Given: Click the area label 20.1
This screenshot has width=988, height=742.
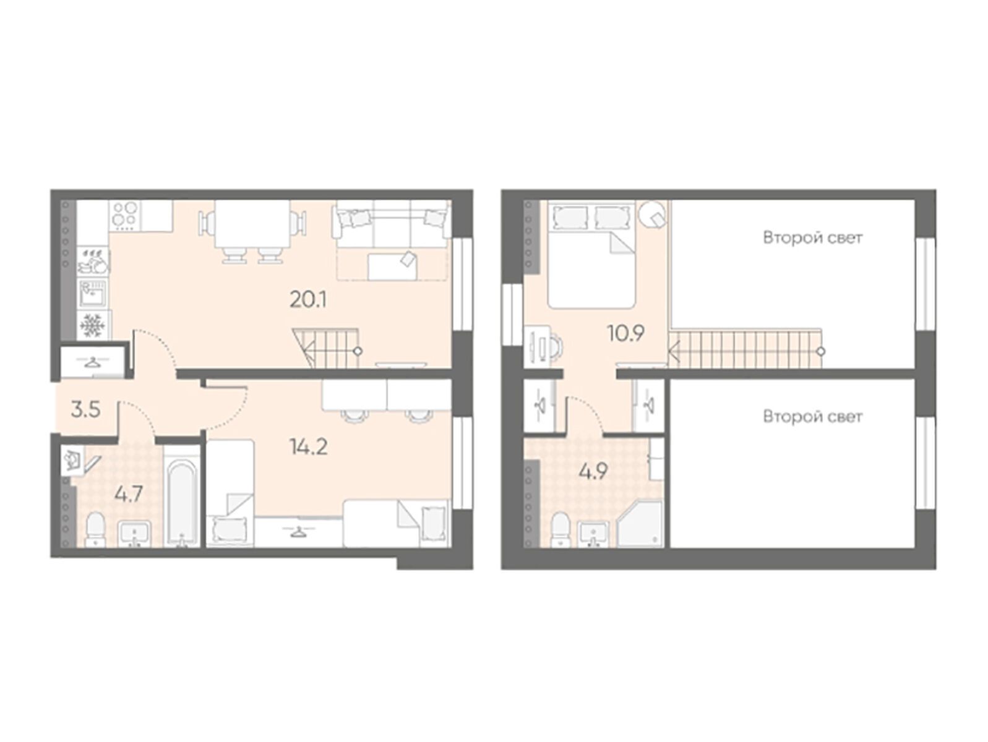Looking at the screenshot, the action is [x=308, y=299].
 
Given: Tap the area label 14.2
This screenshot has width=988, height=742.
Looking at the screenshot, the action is [x=309, y=447].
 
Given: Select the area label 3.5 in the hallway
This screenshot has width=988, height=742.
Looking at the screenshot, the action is [x=85, y=410].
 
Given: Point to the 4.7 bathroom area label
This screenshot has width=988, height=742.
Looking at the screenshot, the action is [x=129, y=495].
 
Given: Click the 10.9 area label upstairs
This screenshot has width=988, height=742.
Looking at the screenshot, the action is [x=625, y=333].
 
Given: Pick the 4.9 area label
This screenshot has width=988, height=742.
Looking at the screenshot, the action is [x=593, y=471].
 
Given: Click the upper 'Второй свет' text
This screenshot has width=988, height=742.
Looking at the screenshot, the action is [x=813, y=237].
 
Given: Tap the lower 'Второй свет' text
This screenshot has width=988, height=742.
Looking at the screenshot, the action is [x=813, y=417].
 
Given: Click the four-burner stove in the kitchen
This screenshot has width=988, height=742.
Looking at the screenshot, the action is [x=125, y=215].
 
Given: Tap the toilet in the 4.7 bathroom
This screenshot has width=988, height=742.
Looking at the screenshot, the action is [x=95, y=529].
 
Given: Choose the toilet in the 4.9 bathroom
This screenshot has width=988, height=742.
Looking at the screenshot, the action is [x=561, y=529].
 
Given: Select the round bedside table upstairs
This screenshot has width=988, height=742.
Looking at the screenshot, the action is [x=653, y=216].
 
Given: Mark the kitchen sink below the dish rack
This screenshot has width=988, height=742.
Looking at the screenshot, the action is [x=93, y=292].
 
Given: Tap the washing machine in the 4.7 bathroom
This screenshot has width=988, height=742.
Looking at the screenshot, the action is [x=72, y=459].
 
